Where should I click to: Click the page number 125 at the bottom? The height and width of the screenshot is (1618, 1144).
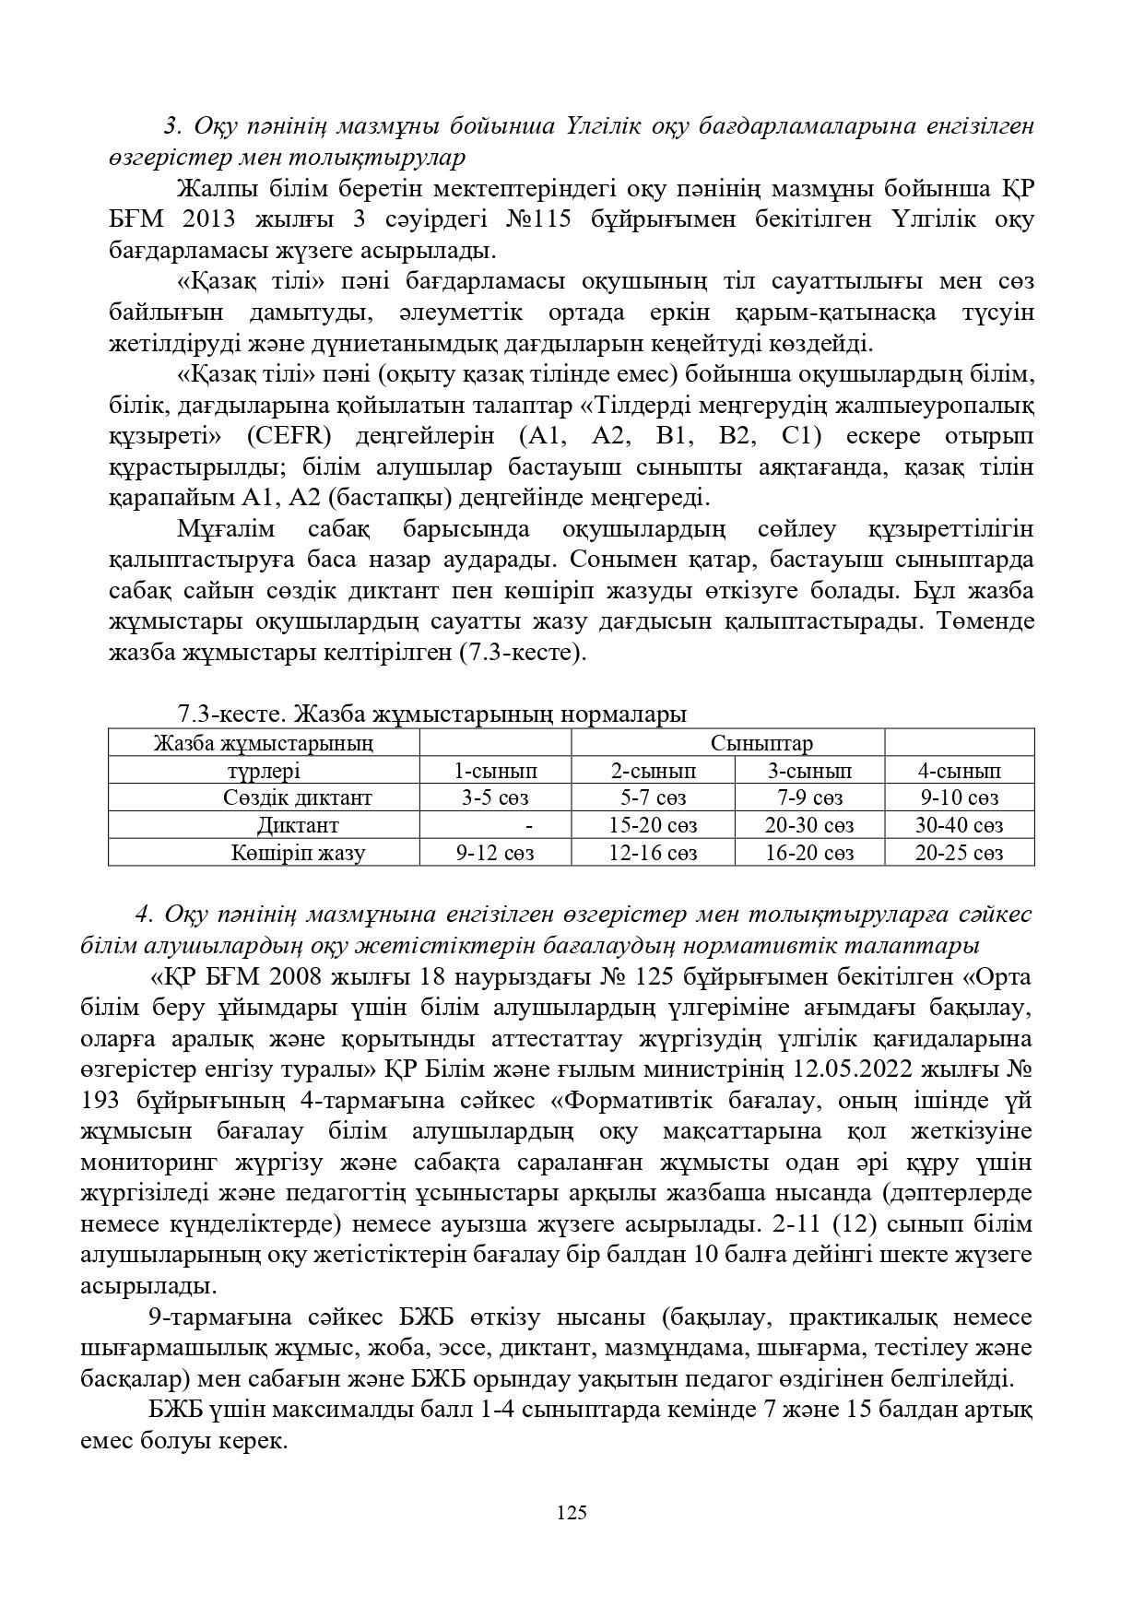572,1512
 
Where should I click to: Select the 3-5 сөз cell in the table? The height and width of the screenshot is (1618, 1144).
495,797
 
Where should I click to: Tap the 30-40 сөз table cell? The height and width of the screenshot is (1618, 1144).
959,825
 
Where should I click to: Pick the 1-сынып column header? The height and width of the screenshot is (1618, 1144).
495,771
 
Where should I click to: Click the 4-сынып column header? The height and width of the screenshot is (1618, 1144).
959,771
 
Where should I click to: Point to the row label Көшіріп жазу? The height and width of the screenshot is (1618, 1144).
297,853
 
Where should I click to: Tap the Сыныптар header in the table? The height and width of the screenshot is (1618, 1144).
761,743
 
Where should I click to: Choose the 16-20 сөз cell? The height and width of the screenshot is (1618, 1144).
809,853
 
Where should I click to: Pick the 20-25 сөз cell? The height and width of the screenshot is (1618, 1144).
959,853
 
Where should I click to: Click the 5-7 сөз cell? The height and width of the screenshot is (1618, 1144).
653,797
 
